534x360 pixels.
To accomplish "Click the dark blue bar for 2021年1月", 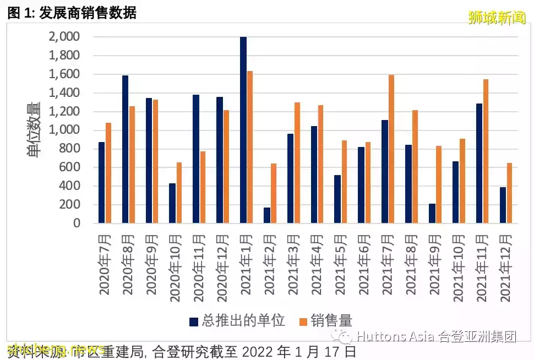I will pyautogui.click(x=243, y=130).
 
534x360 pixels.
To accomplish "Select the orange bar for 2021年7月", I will pyautogui.click(x=391, y=149).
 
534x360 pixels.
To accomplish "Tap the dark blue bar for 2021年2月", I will pyautogui.click(x=267, y=215).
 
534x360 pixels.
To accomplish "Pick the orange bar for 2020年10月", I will pyautogui.click(x=179, y=193).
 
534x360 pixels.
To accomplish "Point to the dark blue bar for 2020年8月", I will pyautogui.click(x=126, y=149).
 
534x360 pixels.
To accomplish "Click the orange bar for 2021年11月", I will pyautogui.click(x=486, y=151).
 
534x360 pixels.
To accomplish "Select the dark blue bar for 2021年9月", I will pyautogui.click(x=432, y=214).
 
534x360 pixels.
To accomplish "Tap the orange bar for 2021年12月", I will pyautogui.click(x=509, y=193).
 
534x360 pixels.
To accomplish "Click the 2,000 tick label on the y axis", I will pyautogui.click(x=64, y=37).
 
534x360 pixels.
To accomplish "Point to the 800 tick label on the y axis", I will pyautogui.click(x=70, y=149).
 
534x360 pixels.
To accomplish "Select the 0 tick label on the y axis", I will pyautogui.click(x=77, y=223).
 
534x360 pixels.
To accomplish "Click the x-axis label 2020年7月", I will pyautogui.click(x=105, y=264).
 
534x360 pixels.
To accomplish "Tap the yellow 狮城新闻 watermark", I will pyautogui.click(x=497, y=18).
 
